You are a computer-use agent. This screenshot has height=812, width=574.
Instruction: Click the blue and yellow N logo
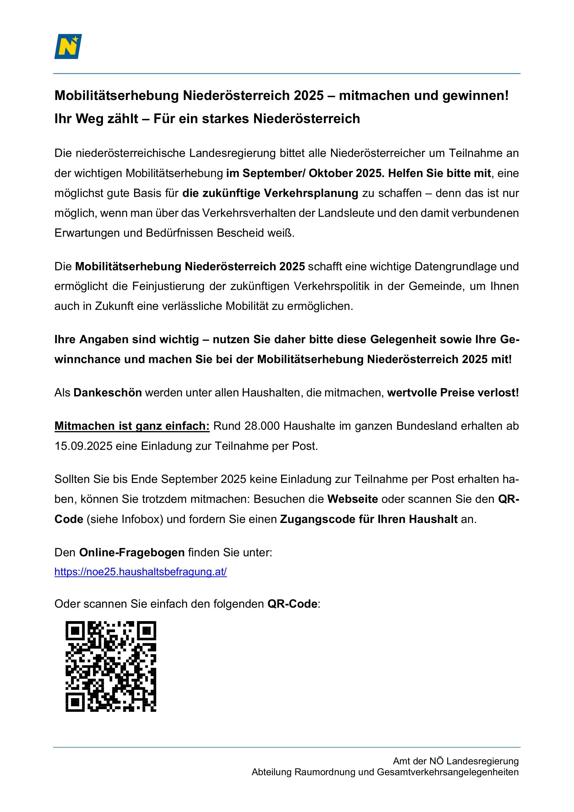point(68,46)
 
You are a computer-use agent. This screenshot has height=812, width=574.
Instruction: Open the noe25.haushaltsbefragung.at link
point(140,572)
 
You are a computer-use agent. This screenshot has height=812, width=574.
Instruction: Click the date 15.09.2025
point(83,446)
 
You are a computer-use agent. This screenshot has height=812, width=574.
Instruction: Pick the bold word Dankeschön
point(108,392)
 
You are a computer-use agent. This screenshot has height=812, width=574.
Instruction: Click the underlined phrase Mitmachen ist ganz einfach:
point(132,426)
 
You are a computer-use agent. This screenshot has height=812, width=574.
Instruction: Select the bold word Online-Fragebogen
point(132,552)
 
